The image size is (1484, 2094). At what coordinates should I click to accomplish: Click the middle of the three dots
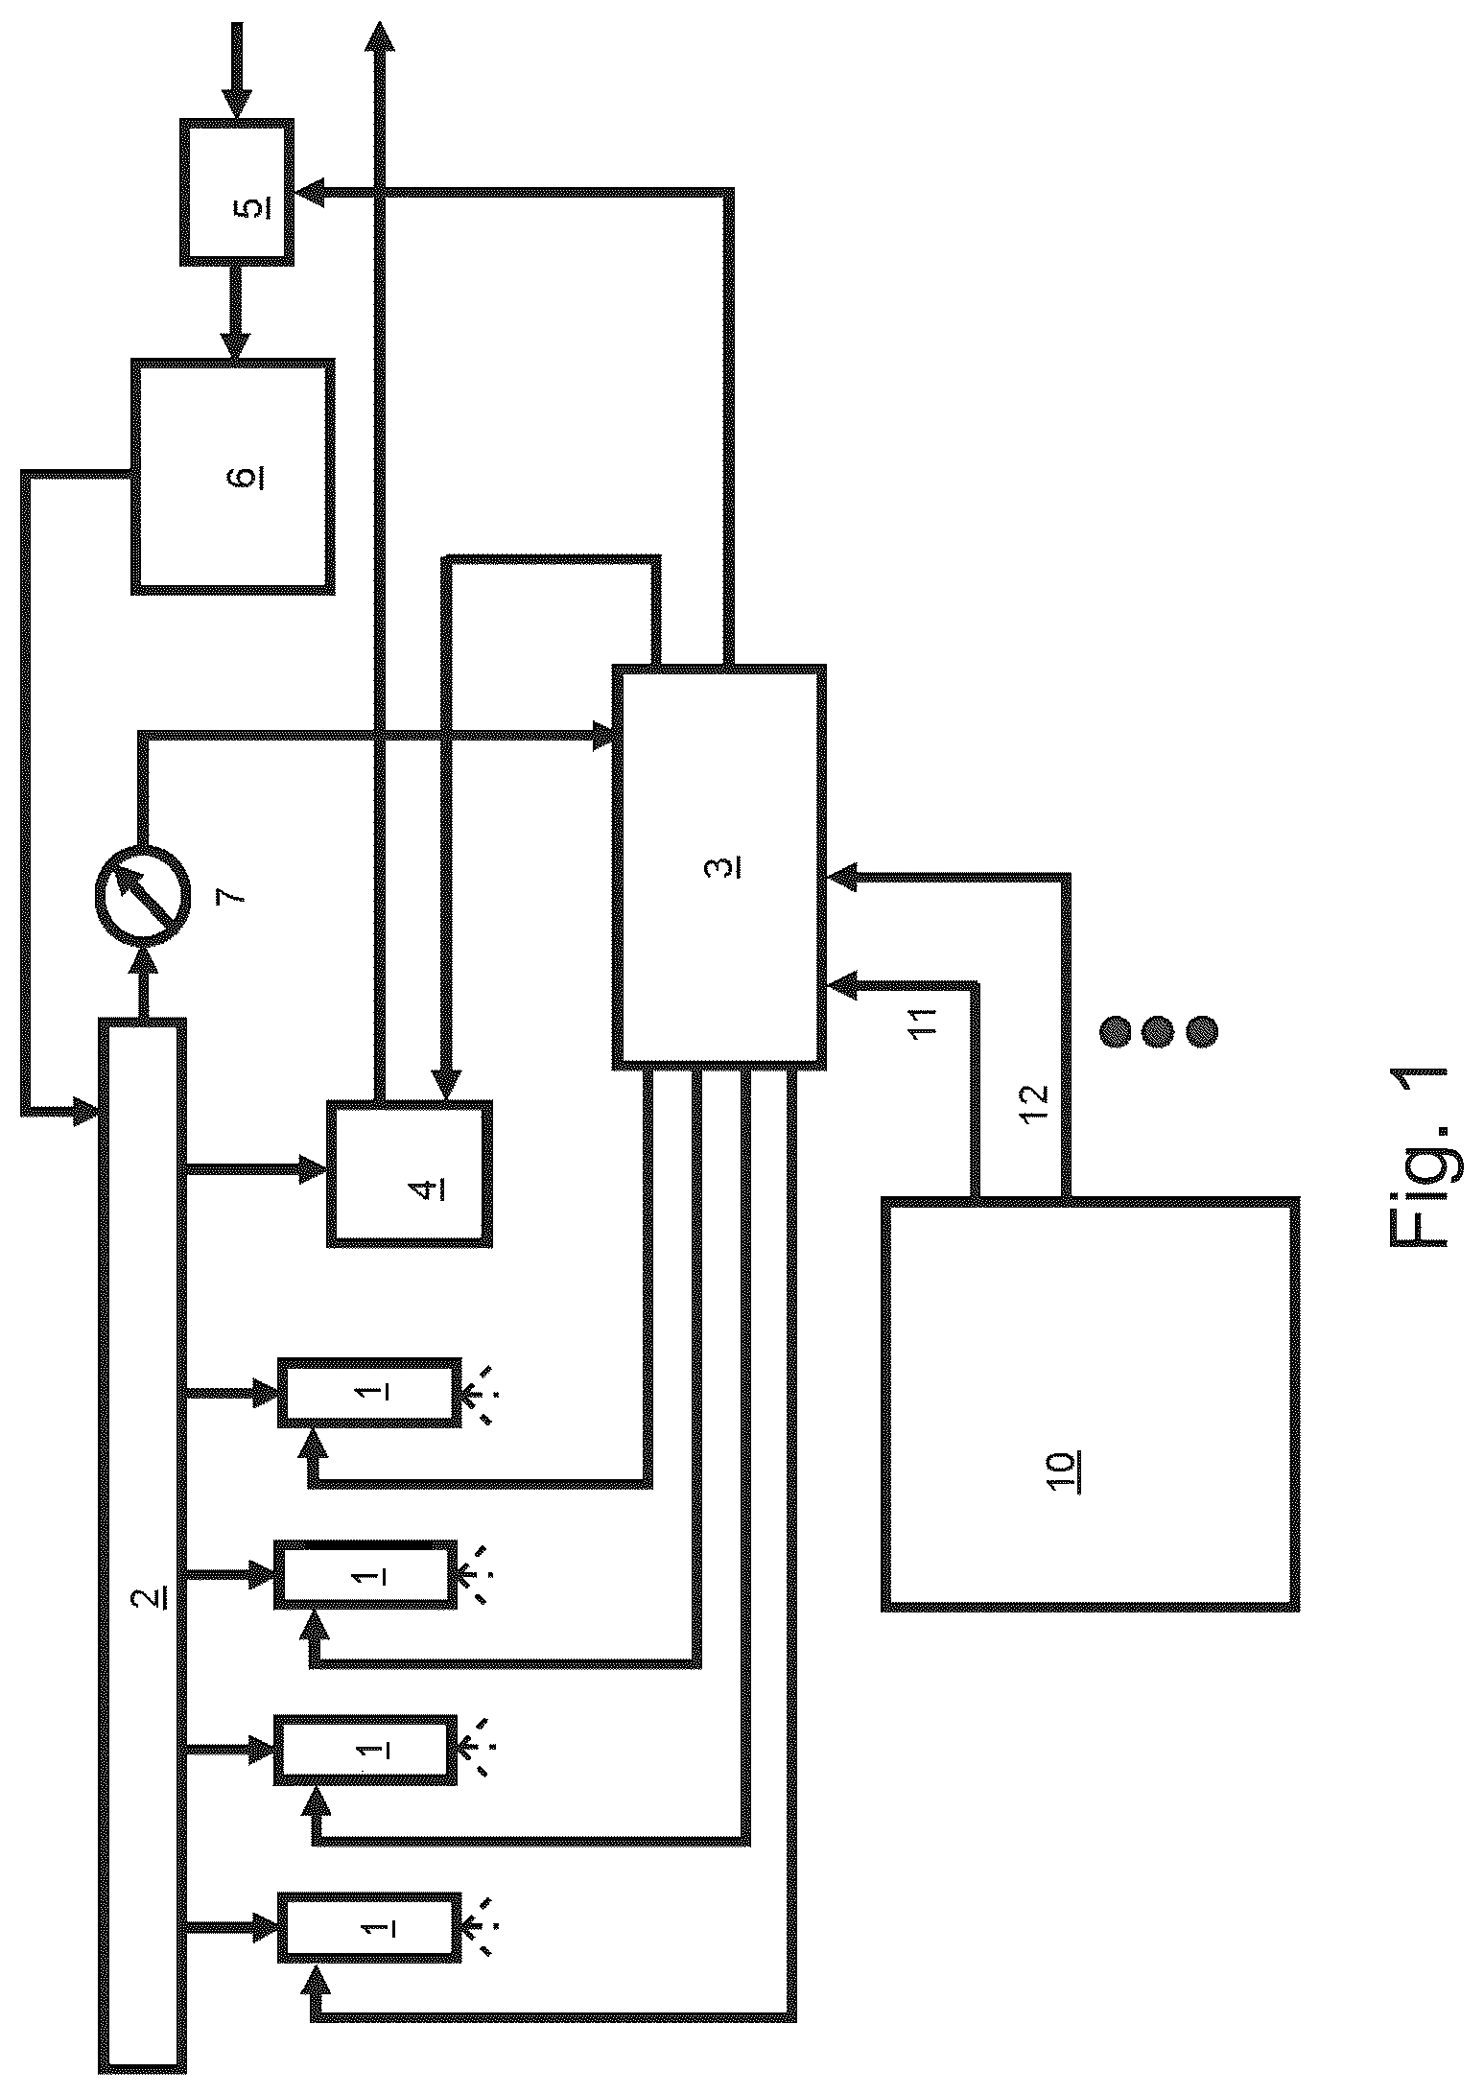[x=1158, y=1031]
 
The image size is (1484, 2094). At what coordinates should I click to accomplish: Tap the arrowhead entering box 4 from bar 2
[x=313, y=1168]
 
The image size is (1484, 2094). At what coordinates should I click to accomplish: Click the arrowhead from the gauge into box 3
[x=601, y=737]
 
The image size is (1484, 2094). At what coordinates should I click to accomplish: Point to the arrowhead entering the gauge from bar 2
[x=144, y=959]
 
